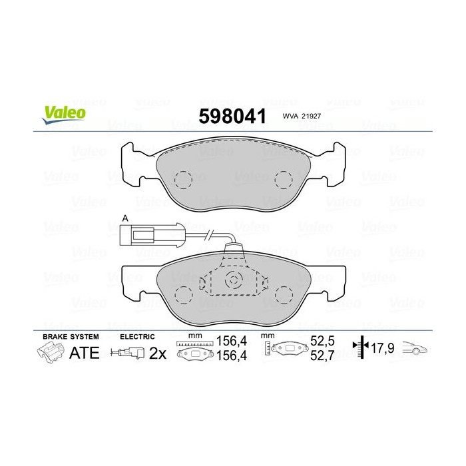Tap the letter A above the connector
[x=124, y=218]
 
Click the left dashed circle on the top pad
[x=182, y=178]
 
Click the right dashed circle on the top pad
[x=285, y=178]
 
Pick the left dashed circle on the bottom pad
[x=182, y=293]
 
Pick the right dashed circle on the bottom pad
[x=285, y=293]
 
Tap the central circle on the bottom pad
[x=233, y=280]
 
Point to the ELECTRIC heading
[x=137, y=337]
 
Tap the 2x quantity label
[x=157, y=353]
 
